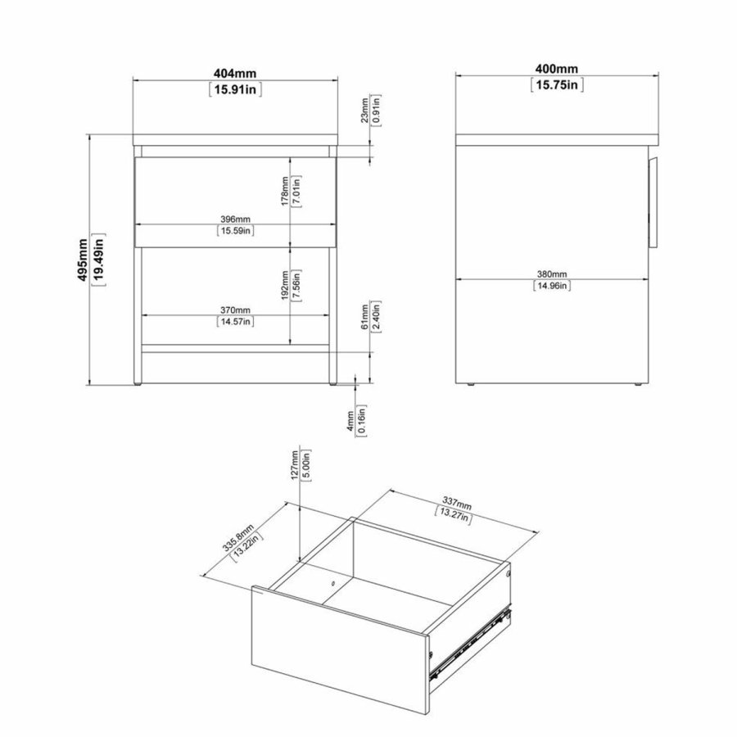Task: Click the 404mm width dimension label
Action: (235, 74)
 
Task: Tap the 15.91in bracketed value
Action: (235, 89)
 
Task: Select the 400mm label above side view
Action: (557, 69)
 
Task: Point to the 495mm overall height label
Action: (83, 260)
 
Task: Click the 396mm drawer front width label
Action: (236, 219)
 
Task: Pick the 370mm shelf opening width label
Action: (236, 310)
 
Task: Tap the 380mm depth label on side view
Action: (552, 274)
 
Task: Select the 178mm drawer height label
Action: (284, 192)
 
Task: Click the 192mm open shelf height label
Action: (284, 286)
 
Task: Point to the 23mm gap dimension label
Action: (364, 111)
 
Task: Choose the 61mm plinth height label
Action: (364, 317)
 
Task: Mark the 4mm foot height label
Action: (350, 421)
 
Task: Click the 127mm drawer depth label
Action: (295, 465)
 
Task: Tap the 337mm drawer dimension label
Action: (457, 504)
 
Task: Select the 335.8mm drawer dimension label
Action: (238, 538)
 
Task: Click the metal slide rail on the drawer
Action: (470, 643)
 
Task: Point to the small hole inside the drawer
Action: (332, 584)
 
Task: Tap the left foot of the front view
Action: (138, 384)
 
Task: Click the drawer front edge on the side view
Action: (653, 202)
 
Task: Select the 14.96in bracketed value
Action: (552, 286)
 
